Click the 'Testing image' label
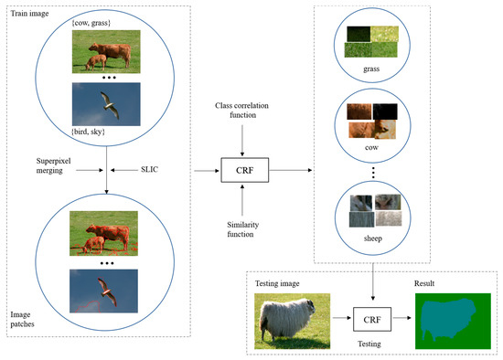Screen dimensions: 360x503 pyautogui.click(x=285, y=285)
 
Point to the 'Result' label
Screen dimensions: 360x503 pyautogui.click(x=426, y=285)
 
